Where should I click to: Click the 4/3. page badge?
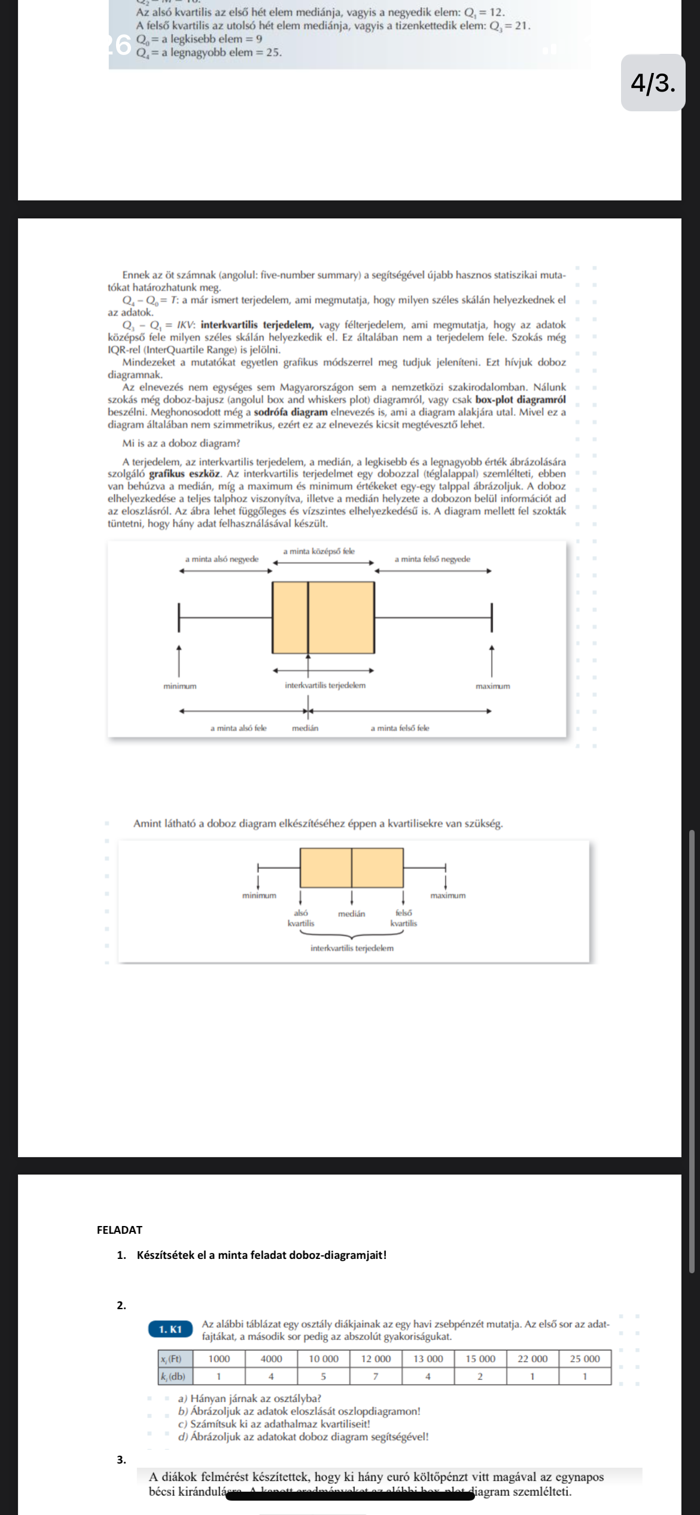(x=653, y=83)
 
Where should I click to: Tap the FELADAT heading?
(x=120, y=1230)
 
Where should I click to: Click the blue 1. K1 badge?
(x=171, y=1329)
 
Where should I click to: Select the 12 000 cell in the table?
(x=375, y=1359)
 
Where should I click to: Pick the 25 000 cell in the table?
(x=585, y=1359)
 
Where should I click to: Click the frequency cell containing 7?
(x=375, y=1376)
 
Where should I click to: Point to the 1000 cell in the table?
(x=219, y=1359)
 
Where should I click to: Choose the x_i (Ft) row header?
(x=171, y=1359)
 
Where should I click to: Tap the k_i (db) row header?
(x=172, y=1376)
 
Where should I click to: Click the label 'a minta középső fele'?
(x=318, y=551)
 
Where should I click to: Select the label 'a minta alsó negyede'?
(x=222, y=559)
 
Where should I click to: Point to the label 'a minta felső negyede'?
(x=432, y=559)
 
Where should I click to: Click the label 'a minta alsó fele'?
(x=238, y=728)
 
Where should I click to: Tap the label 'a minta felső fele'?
(x=400, y=728)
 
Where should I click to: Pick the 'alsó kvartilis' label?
(x=300, y=918)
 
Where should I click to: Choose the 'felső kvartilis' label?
(x=404, y=918)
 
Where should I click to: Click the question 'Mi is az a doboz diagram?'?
(x=181, y=443)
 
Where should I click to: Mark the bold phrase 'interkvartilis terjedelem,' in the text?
(x=257, y=325)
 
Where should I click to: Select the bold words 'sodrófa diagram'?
(x=291, y=412)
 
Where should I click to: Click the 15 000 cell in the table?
(x=480, y=1359)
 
